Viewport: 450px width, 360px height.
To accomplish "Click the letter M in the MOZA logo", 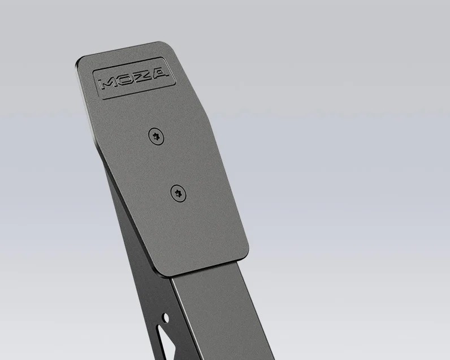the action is (107, 84).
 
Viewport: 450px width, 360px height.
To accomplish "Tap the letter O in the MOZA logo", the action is (125, 80).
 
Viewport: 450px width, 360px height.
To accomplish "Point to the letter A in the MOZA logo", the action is (158, 73).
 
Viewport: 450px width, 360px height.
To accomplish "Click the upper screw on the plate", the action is (156, 136).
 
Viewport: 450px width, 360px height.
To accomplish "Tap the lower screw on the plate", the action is (178, 193).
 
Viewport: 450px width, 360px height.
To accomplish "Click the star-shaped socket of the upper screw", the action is (156, 136).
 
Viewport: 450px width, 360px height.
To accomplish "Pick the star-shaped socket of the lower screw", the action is (178, 194).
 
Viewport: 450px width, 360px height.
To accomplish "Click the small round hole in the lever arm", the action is (166, 318).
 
